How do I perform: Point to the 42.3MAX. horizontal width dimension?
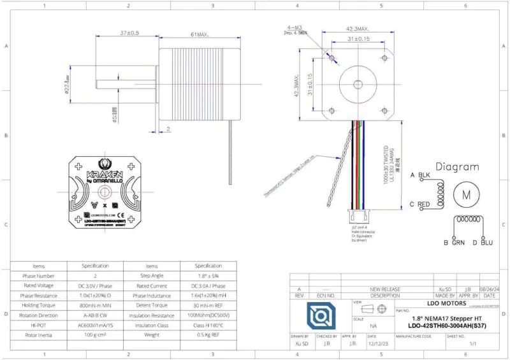(x=358, y=29)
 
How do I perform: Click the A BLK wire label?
(x=420, y=175)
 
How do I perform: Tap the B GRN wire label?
(x=454, y=243)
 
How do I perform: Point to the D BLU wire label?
(x=483, y=243)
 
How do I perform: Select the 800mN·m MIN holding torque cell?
(x=95, y=305)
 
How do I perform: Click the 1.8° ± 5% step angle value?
(x=208, y=277)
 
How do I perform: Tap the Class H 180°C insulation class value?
(x=208, y=325)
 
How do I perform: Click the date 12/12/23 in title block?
(x=381, y=343)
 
